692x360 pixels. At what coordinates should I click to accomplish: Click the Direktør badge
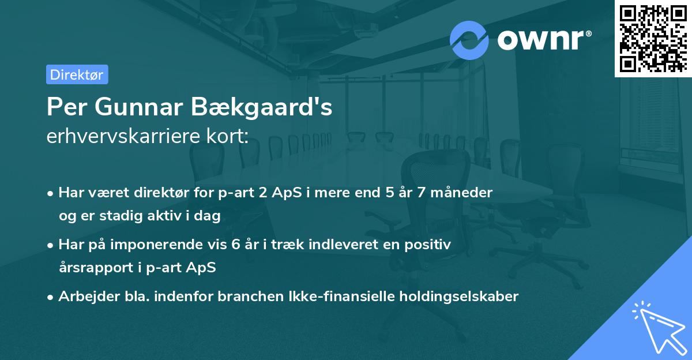77,74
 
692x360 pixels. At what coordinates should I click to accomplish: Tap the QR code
653,38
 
